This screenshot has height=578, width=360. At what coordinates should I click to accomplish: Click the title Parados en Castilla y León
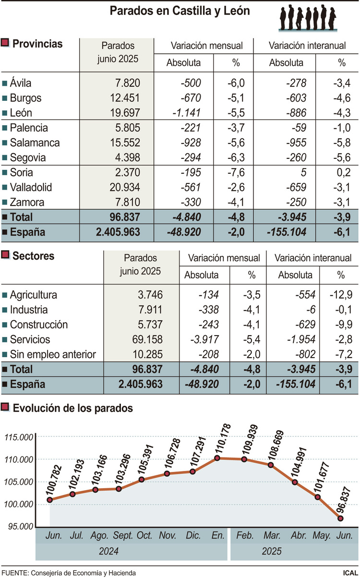point(180,11)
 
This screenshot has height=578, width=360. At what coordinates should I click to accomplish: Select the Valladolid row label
point(31,187)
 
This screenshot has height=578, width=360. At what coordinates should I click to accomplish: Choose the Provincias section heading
point(37,44)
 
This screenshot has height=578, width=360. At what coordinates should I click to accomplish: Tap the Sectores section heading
point(33,256)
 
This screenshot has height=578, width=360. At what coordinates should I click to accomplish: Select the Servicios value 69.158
point(144,339)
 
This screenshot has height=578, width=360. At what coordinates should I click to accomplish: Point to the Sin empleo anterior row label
point(53,354)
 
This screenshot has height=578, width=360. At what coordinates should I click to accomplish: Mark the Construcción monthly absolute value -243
point(207,325)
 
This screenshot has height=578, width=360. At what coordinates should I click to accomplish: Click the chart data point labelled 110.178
point(217,458)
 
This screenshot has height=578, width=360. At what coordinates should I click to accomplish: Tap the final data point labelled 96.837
point(340,518)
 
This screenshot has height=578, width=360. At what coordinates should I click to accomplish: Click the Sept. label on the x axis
point(123,535)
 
